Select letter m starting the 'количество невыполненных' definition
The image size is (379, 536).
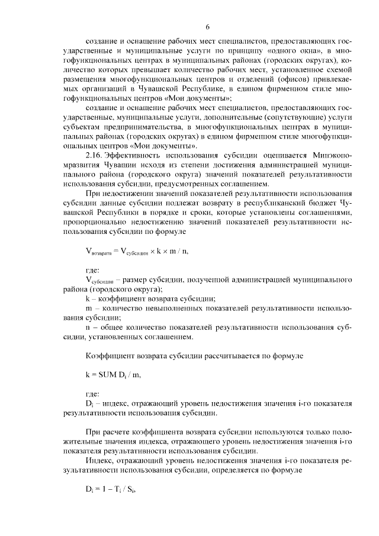(88, 309)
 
